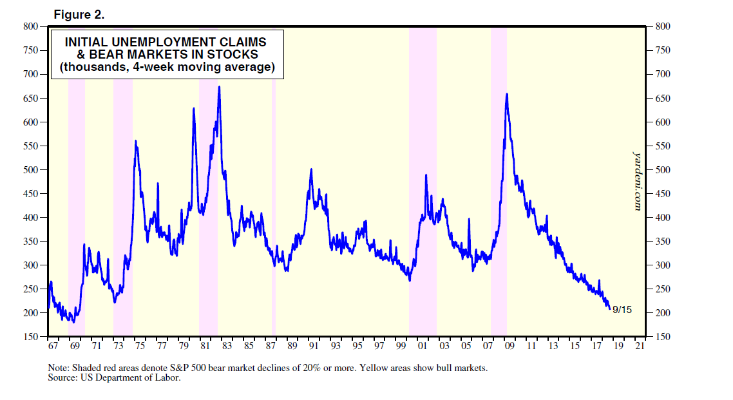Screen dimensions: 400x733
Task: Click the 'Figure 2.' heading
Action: [x=80, y=14]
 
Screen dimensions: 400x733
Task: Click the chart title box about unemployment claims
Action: [x=167, y=54]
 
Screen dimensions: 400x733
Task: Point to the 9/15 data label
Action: [x=623, y=310]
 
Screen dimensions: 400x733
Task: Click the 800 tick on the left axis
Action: [x=30, y=26]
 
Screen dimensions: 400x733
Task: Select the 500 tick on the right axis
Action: [x=664, y=170]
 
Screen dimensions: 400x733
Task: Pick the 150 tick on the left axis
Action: [x=30, y=337]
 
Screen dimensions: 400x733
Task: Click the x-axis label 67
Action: [x=53, y=347]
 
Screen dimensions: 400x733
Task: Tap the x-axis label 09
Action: [x=509, y=347]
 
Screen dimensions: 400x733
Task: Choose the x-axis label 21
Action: [x=640, y=347]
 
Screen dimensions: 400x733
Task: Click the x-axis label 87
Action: [x=271, y=347]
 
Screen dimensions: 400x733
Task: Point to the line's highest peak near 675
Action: [x=220, y=87]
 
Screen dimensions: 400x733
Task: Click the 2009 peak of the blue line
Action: [x=508, y=94]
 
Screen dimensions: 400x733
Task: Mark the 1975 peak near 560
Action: [x=135, y=140]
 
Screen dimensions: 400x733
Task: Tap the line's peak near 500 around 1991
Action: [x=311, y=169]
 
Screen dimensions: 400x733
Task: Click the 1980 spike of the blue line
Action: [x=194, y=108]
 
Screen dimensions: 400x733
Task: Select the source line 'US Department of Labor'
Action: [x=114, y=378]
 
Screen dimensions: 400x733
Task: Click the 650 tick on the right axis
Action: [x=664, y=99]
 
